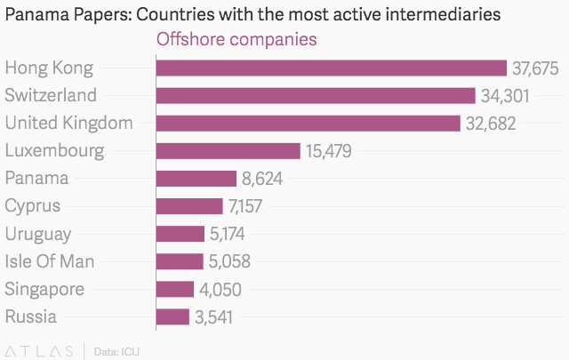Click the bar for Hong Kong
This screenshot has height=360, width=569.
(x=331, y=68)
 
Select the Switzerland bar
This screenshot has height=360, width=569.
(x=316, y=95)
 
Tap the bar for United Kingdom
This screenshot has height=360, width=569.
(x=308, y=123)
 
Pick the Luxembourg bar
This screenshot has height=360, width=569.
(x=228, y=150)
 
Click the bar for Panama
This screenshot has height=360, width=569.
(x=196, y=178)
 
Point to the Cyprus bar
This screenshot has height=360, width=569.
(x=188, y=206)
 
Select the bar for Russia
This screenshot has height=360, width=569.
(x=172, y=316)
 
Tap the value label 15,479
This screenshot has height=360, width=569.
(x=328, y=151)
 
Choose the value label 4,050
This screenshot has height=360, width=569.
(x=220, y=289)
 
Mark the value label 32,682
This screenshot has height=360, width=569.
(x=490, y=124)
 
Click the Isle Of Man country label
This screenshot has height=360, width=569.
(x=50, y=261)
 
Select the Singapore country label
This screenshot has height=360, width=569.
(x=44, y=290)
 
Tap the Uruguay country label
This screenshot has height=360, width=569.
(x=38, y=234)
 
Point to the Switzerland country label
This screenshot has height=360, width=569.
(x=51, y=95)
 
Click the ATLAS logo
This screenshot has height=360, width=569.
(x=39, y=350)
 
